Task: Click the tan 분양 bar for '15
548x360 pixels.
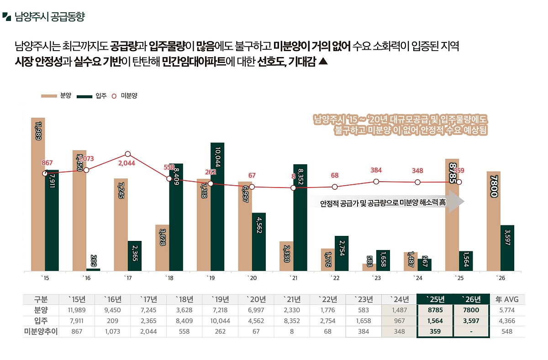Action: coord(38,194)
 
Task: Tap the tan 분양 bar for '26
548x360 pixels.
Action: coord(494,221)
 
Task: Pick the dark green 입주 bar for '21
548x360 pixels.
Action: coord(300,218)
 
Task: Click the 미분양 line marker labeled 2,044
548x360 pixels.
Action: coord(128,154)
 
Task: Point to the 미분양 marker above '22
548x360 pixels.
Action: coord(335,187)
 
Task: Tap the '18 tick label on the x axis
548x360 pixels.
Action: coord(169,278)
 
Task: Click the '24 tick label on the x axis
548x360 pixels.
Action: coord(417,278)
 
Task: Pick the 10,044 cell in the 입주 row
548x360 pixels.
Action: coord(220,321)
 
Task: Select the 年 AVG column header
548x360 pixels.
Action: coord(507,299)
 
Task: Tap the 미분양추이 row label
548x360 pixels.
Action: coord(41,332)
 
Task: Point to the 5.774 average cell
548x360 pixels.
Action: coord(507,310)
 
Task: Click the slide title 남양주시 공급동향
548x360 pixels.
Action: coord(49,17)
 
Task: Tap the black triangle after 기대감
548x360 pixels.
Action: coord(323,62)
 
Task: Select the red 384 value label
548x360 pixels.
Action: coord(376,170)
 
